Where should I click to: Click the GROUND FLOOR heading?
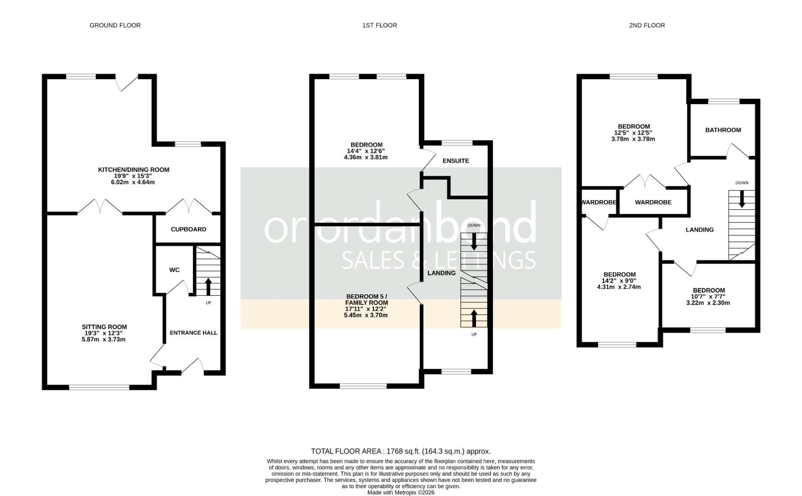pyautogui.click(x=115, y=25)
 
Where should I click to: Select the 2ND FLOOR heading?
pyautogui.click(x=647, y=25)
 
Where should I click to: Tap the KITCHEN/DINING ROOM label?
pyautogui.click(x=134, y=170)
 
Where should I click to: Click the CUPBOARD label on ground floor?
pyautogui.click(x=188, y=229)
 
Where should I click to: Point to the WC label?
pyautogui.click(x=174, y=270)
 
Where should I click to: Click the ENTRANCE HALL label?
pyautogui.click(x=193, y=333)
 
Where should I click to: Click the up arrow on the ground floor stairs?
pyautogui.click(x=208, y=286)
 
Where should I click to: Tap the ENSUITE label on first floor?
pyautogui.click(x=456, y=161)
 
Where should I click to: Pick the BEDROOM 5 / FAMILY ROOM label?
pyautogui.click(x=367, y=299)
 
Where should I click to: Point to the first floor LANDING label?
pyautogui.click(x=441, y=273)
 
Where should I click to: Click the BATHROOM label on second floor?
pyautogui.click(x=723, y=130)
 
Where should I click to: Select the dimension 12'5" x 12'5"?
pyautogui.click(x=633, y=133)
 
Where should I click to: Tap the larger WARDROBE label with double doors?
pyautogui.click(x=653, y=202)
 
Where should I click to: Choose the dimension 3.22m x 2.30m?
pyautogui.click(x=708, y=303)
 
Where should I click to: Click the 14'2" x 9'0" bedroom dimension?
pyautogui.click(x=619, y=281)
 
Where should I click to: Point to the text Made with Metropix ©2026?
pyautogui.click(x=401, y=492)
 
